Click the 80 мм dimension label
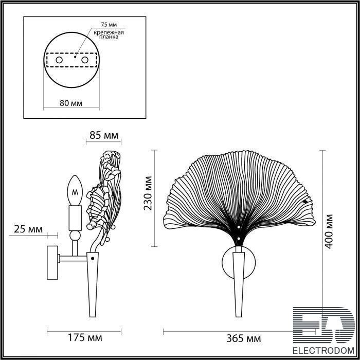71,103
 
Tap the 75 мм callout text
109,24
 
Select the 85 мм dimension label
104,135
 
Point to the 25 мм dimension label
28,229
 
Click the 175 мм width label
85,338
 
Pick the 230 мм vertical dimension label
148,193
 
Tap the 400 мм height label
329,231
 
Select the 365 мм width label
243,338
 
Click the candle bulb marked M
75,190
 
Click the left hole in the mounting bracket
59,60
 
